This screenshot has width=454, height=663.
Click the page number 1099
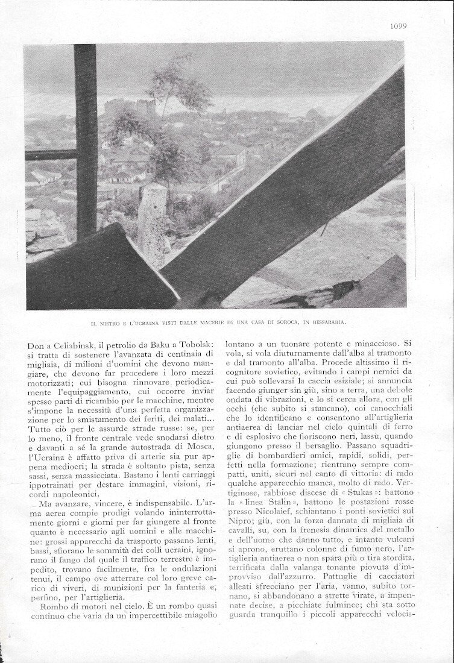[398, 25]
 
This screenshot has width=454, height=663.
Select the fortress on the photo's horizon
[130, 109]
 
